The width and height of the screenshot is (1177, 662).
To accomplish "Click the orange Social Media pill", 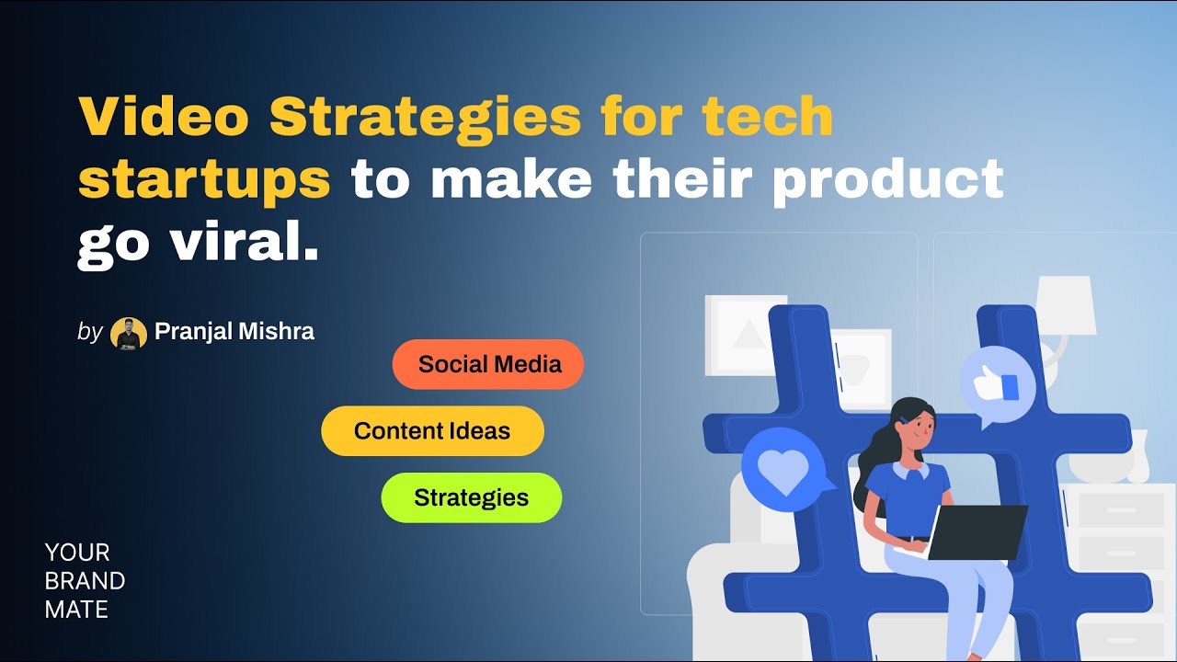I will [488, 364].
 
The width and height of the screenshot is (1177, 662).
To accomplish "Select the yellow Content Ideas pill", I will [432, 431].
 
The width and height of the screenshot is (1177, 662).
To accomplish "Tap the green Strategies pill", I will [471, 497].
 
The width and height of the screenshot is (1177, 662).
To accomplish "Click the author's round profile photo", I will [129, 333].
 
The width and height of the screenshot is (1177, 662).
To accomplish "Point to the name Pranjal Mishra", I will [234, 331].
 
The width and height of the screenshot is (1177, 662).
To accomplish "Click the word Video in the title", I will [163, 117].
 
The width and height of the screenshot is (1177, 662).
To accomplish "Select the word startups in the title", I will [204, 180].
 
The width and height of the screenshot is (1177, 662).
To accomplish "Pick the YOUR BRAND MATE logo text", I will [85, 580].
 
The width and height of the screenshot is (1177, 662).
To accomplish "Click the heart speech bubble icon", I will [783, 471].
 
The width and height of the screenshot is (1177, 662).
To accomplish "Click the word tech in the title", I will [767, 117].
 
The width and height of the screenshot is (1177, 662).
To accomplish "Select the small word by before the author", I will [89, 332].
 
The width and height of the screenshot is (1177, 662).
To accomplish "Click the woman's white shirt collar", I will [908, 471].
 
